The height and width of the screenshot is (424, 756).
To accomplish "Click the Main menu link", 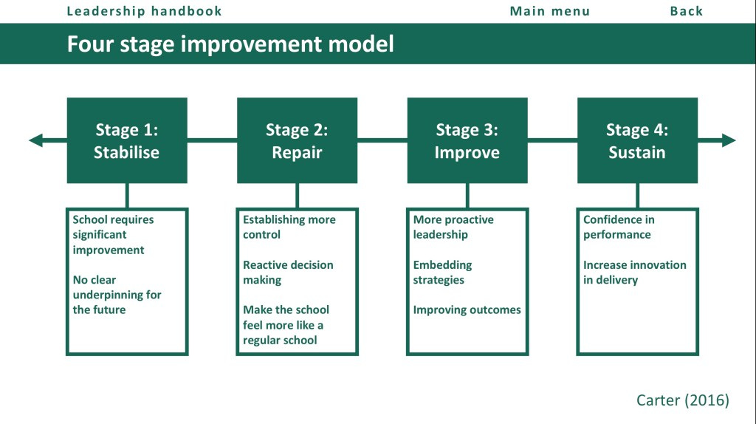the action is pyautogui.click(x=549, y=11).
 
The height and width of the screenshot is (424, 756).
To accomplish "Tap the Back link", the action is pyautogui.click(x=686, y=11).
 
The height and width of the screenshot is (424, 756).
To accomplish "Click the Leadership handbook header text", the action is pyautogui.click(x=144, y=11).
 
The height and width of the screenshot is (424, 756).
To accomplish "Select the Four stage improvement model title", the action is pyautogui.click(x=230, y=44).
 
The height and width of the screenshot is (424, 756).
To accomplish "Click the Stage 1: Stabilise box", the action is pyautogui.click(x=127, y=140).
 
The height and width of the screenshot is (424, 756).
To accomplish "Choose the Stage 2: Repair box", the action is pyautogui.click(x=297, y=140).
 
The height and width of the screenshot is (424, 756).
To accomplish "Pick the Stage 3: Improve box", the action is pyautogui.click(x=467, y=140).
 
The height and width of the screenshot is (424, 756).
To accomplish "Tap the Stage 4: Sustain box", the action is pyautogui.click(x=637, y=140).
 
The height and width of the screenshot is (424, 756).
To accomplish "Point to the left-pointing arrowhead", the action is pyautogui.click(x=35, y=140).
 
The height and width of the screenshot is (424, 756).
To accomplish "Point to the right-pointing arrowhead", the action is pyautogui.click(x=729, y=140).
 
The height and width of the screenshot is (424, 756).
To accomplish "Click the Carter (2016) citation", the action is pyautogui.click(x=683, y=400).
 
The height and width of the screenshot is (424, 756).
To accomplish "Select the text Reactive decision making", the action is pyautogui.click(x=288, y=272).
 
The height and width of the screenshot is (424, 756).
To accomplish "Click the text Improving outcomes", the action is pyautogui.click(x=467, y=310).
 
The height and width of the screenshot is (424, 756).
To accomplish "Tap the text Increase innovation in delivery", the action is pyautogui.click(x=634, y=272).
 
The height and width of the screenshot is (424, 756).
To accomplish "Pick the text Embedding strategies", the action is pyautogui.click(x=443, y=272).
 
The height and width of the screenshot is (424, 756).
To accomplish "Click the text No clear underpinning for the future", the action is pyautogui.click(x=117, y=295).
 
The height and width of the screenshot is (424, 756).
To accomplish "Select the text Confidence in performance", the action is pyautogui.click(x=619, y=227).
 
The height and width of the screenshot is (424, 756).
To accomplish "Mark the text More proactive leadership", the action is pyautogui.click(x=453, y=227).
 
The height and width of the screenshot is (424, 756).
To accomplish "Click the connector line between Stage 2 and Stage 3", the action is pyautogui.click(x=382, y=140).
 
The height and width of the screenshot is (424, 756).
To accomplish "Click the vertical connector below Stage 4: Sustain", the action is pyautogui.click(x=637, y=195).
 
